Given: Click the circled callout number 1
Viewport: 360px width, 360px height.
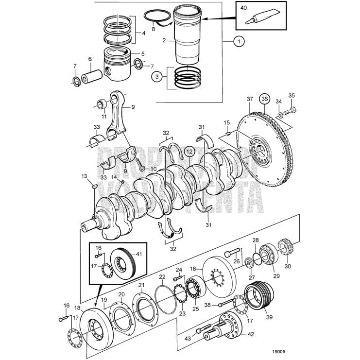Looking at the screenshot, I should pyautogui.click(x=238, y=42).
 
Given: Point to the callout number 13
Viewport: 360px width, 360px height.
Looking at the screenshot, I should pyautogui.click(x=84, y=175).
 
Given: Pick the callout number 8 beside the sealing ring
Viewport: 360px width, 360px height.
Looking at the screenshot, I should pyautogui.click(x=153, y=29).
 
